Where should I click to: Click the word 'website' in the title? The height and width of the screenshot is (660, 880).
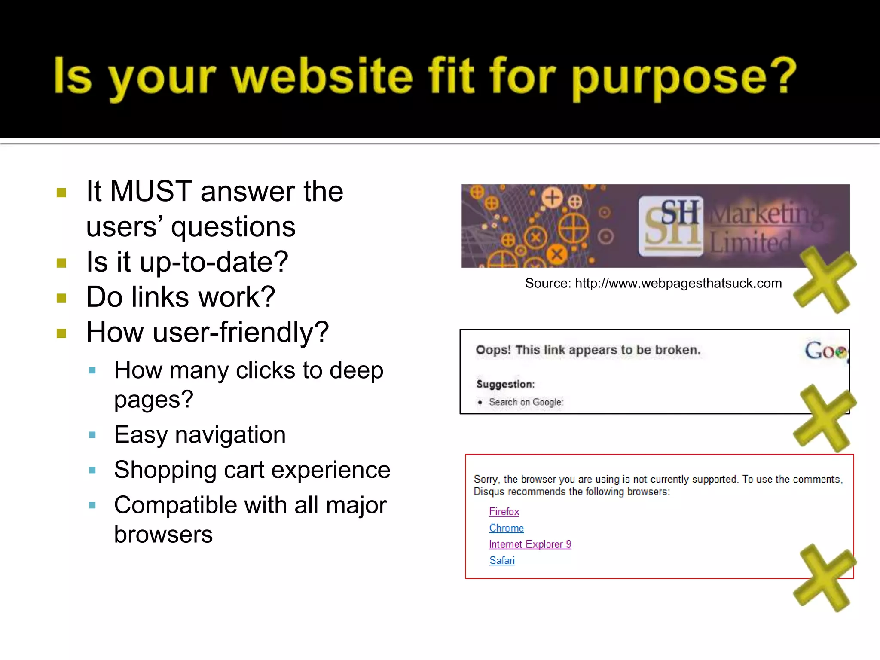click(x=322, y=76)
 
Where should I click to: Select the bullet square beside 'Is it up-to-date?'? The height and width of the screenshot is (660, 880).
click(x=61, y=263)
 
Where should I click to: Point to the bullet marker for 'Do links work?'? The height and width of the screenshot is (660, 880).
click(x=61, y=298)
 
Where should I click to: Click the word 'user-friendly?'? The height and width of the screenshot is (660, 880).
click(x=241, y=333)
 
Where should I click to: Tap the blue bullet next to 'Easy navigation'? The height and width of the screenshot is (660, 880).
click(x=92, y=435)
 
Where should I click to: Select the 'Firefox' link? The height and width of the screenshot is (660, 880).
click(x=504, y=512)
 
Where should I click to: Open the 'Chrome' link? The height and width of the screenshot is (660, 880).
click(x=507, y=528)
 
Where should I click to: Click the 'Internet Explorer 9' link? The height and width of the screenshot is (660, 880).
click(x=530, y=544)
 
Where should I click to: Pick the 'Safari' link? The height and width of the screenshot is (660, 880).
click(x=501, y=561)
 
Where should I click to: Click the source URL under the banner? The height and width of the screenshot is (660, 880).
click(x=678, y=284)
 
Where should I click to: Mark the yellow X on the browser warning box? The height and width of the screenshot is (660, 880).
click(x=824, y=578)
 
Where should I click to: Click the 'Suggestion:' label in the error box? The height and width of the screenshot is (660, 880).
click(x=505, y=384)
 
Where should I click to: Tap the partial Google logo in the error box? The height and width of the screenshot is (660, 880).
click(x=825, y=351)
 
